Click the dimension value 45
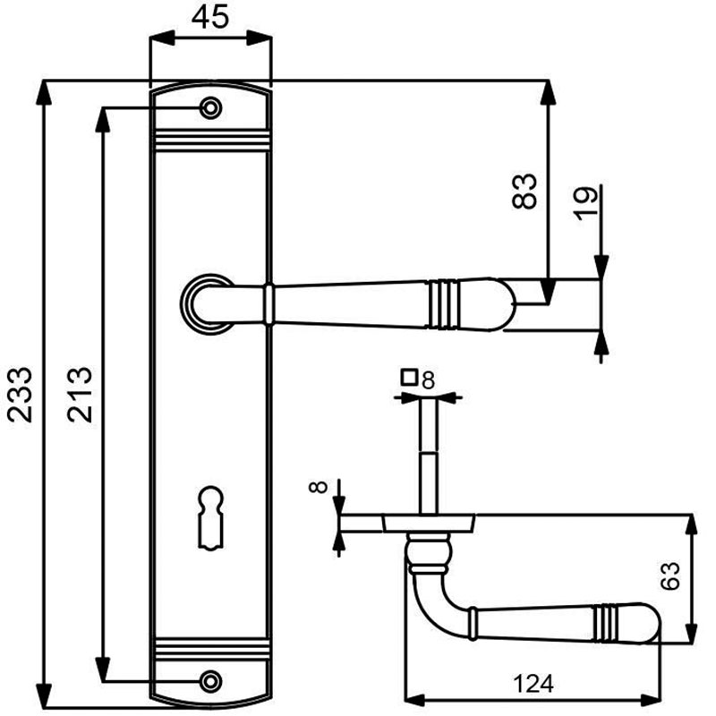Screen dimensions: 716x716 pos(209,17)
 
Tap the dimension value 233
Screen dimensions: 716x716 pos(20,395)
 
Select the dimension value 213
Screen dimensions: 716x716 pos(80,394)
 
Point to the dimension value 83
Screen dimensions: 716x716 pos(524,192)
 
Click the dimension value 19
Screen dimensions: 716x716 pos(586,204)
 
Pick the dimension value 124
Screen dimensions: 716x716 pos(533,684)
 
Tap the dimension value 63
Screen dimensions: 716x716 pos(669,575)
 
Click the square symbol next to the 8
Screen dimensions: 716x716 pos(410,377)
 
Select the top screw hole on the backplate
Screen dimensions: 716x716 pos(210,108)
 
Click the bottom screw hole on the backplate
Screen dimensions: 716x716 pos(210,681)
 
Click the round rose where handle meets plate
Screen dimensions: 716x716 pos(207,304)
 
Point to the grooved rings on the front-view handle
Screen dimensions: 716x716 pos(442,303)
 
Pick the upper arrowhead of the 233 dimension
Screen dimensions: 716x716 pos(44,93)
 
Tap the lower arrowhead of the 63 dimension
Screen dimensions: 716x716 pos(692,632)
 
